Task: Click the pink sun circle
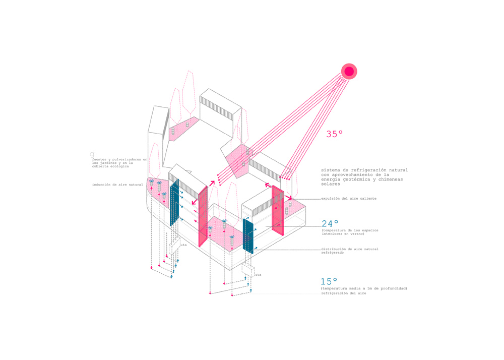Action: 349,71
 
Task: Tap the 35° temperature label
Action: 334,134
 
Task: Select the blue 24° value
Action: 331,223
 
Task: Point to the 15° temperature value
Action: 329,282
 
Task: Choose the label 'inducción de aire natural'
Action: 117,185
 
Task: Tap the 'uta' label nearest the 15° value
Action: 258,275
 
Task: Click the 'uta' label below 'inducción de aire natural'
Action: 183,245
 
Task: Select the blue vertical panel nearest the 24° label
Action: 248,235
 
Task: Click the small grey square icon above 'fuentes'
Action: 92,155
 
